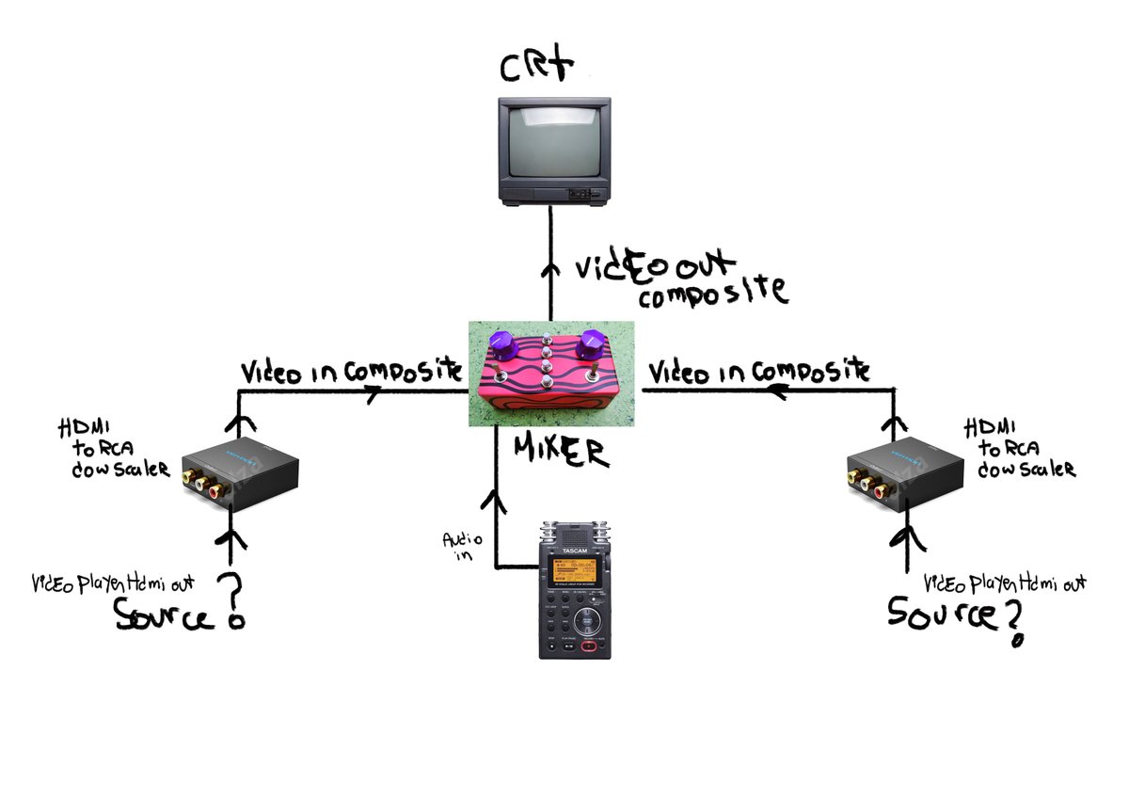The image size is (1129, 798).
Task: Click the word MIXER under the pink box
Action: [561, 454]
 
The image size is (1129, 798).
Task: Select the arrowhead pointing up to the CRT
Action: [550, 266]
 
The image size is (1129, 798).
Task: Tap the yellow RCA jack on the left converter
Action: [200, 483]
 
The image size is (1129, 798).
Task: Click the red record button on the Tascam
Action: [590, 647]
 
